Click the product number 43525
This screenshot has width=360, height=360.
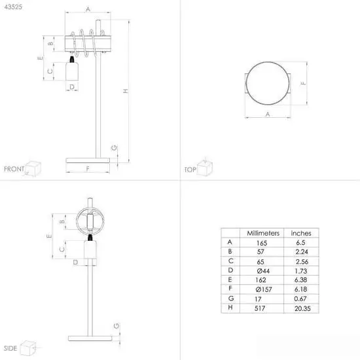click(x=13, y=7)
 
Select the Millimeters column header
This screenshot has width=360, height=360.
click(x=263, y=233)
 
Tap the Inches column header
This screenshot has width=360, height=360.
click(x=301, y=233)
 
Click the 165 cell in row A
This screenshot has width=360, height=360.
click(x=262, y=243)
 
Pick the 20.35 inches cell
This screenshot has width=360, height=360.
click(x=302, y=308)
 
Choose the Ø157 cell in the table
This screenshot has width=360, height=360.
click(x=264, y=289)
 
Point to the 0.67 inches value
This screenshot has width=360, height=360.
click(x=300, y=298)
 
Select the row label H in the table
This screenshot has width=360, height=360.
click(x=230, y=307)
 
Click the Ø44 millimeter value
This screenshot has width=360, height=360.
click(x=263, y=271)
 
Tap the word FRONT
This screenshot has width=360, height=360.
click(x=14, y=169)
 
